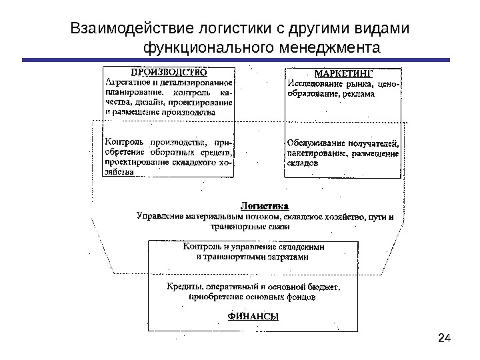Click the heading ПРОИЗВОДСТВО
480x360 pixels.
(x=168, y=71)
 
